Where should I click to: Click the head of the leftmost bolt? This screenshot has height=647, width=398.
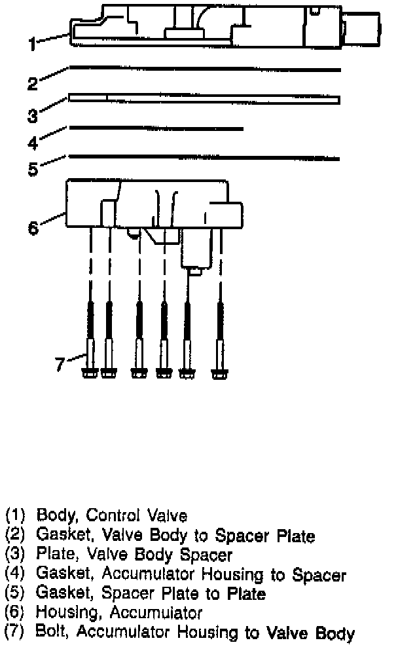click(90, 374)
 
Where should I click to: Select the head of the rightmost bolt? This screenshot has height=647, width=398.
click(219, 374)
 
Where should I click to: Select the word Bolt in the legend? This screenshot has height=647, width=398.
click(50, 633)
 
